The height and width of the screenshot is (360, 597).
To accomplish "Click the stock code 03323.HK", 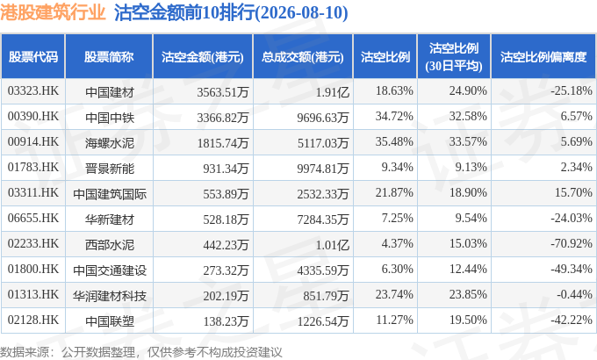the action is point(33,90).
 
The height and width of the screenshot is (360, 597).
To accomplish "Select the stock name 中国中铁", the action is point(110,118).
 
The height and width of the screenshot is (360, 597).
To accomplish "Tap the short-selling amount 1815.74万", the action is point(223,143).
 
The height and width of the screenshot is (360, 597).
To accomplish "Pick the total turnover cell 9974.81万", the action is point(323,169).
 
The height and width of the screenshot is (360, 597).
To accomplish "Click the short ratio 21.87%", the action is point(394,192).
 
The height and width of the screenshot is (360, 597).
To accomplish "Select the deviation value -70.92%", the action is point(572,243).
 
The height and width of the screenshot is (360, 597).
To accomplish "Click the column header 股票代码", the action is point(33,57).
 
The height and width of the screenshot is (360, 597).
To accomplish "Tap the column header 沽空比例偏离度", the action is point(543,57).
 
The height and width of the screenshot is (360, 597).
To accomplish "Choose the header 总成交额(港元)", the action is point(303,57).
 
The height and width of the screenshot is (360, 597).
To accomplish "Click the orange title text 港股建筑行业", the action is point(53,12).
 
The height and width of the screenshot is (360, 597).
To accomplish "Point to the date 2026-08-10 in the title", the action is point(301,12).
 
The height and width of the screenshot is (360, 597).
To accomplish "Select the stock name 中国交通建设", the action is point(110,270).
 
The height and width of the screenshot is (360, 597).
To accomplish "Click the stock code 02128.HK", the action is point(33,320).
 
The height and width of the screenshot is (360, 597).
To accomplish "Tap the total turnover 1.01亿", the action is point(333,245).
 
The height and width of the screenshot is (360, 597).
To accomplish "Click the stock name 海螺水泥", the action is point(110,143).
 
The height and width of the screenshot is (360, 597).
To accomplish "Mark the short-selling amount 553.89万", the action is point(226,194).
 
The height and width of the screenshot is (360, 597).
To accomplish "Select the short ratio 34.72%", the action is point(394,116).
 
